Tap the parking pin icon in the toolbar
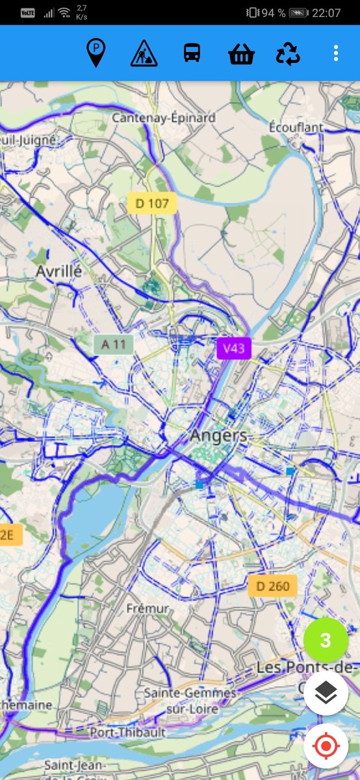pyautogui.click(x=96, y=53)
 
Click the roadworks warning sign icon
pyautogui.click(x=144, y=53)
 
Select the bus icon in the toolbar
pyautogui.click(x=192, y=53)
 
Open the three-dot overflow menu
pyautogui.click(x=335, y=53)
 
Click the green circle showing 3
pyautogui.click(x=326, y=640)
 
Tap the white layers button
pyautogui.click(x=326, y=694)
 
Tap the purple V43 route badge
pyautogui.click(x=233, y=348)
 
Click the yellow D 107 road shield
pyautogui.click(x=152, y=203)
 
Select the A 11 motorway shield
pyautogui.click(x=113, y=344)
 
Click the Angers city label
pyautogui.click(x=218, y=435)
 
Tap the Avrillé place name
pyautogui.click(x=59, y=271)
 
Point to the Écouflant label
pyautogui.click(x=296, y=127)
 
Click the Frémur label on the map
pyautogui.click(x=148, y=608)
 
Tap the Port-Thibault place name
pyautogui.click(x=128, y=732)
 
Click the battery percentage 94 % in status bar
pyautogui.click(x=273, y=12)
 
